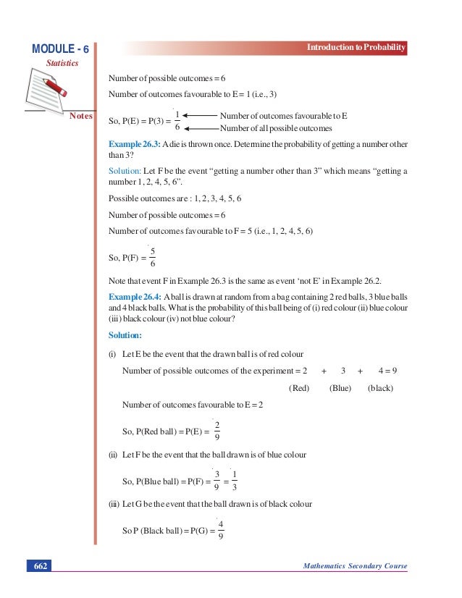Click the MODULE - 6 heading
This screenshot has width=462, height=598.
pos(61,49)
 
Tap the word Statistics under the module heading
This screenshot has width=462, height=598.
pos(62,63)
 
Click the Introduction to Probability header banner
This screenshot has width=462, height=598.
pos(356,48)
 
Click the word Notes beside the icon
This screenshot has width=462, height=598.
pos(82,115)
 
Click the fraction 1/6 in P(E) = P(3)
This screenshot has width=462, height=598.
pos(177,122)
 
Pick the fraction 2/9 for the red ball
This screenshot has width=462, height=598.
pos(217,431)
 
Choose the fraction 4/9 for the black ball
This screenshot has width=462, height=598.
pos(220,531)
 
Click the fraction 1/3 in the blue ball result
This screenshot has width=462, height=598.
pos(235,481)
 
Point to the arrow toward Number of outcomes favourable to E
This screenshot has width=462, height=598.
pos(199,116)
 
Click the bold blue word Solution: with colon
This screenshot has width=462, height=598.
pos(125,336)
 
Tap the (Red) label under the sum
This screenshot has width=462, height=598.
pos(299,388)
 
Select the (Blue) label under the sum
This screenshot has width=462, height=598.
pos(340,388)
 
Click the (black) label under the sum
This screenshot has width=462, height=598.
pos(380,388)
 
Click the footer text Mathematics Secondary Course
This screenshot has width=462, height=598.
pos(354,565)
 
